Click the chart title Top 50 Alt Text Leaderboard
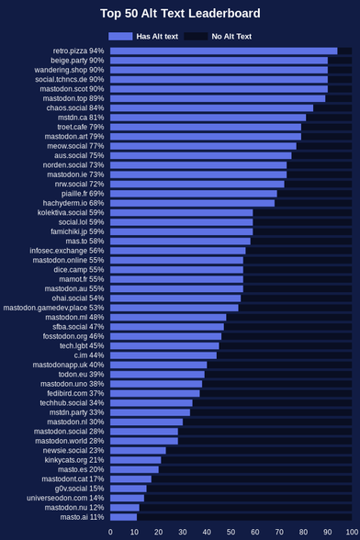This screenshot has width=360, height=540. (180, 14)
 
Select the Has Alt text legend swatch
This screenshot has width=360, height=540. (120, 36)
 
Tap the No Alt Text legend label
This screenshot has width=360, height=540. (231, 37)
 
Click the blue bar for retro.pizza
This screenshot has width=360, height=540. (224, 51)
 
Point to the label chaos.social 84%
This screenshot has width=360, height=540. (75, 107)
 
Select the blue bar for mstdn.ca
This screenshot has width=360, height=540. (208, 118)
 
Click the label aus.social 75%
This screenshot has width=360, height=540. (79, 155)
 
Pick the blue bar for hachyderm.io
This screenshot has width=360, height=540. (193, 203)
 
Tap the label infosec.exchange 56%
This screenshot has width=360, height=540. (67, 251)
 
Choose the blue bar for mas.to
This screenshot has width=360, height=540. (181, 241)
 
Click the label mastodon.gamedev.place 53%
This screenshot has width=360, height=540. (53, 308)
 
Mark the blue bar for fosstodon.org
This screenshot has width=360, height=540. (165, 336)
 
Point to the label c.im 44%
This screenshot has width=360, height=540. (89, 355)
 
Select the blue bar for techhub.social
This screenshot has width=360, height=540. (152, 402)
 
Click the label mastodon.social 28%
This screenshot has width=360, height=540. (69, 432)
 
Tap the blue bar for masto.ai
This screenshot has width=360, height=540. (123, 517)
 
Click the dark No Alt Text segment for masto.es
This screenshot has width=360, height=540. (255, 469)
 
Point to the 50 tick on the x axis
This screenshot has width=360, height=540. (231, 532)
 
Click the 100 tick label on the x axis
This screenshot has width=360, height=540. (352, 532)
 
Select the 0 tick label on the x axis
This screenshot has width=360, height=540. (110, 532)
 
